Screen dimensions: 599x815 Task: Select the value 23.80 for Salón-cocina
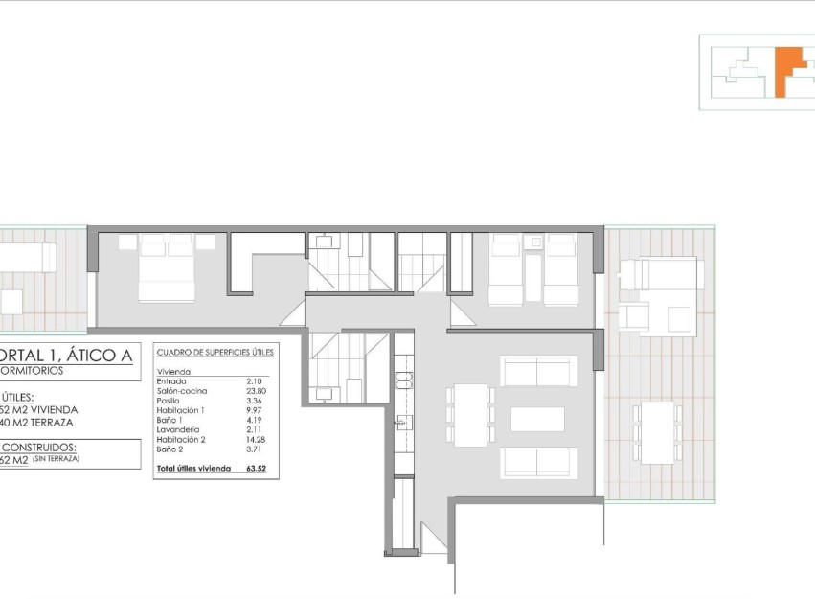click(x=255, y=390)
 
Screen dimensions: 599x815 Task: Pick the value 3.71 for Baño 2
click(x=253, y=449)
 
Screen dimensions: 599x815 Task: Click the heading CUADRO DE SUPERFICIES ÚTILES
click(x=215, y=353)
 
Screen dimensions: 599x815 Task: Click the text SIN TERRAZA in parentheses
click(x=57, y=459)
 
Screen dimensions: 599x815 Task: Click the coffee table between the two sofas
click(x=537, y=419)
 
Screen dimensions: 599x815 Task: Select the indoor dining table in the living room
click(x=470, y=415)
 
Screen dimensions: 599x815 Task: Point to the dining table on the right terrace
click(x=657, y=432)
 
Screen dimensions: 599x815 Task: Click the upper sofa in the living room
click(x=537, y=371)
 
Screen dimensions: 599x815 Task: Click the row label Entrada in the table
click(x=171, y=380)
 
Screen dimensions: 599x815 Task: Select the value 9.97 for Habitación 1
click(x=253, y=409)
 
